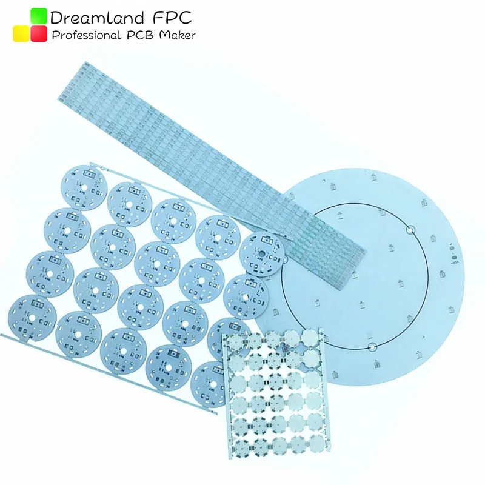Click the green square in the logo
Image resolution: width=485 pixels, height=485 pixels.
click(x=39, y=16)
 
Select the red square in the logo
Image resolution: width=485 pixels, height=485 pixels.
click(x=39, y=34)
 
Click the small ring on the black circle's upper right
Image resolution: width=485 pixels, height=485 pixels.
click(x=410, y=230)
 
